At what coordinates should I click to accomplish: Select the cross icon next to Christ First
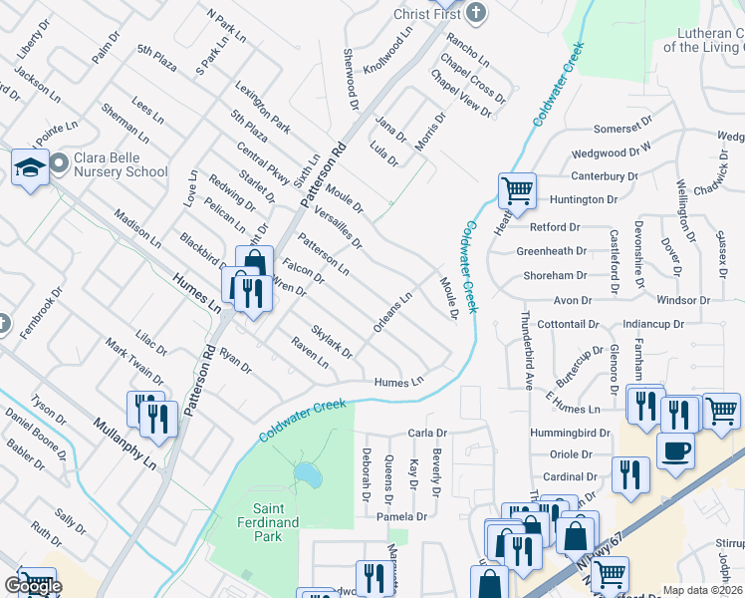(476, 12)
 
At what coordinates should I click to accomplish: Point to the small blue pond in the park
(308, 475)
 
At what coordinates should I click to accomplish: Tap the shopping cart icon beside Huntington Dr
(517, 189)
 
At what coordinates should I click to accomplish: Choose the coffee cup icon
(675, 449)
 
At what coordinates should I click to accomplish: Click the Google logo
(33, 587)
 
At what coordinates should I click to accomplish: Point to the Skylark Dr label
(332, 342)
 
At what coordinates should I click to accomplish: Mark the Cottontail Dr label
(570, 325)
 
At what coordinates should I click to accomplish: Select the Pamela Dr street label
(401, 517)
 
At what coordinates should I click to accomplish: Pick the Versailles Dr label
(337, 227)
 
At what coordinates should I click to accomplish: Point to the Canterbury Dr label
(604, 176)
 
